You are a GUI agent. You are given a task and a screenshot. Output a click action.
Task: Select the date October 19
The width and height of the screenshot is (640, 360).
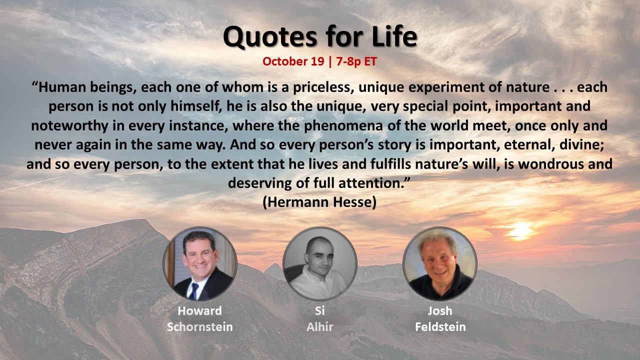click(291, 61)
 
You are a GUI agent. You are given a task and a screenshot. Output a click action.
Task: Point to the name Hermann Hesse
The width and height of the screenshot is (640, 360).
click(319, 202)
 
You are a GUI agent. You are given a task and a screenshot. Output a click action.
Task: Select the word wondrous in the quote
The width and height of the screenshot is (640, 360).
click(554, 164)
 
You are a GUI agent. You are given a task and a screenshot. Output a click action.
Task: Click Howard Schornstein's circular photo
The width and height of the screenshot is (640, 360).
click(200, 263)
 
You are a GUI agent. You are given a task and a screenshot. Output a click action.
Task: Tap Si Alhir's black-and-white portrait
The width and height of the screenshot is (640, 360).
click(320, 263)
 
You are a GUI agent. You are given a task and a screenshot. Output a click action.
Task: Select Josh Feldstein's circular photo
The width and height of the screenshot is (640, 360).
click(439, 263)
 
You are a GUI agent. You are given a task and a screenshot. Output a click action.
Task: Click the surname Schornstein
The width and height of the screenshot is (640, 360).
click(200, 327)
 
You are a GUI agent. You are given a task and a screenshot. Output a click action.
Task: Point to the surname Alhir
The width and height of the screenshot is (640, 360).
click(320, 327)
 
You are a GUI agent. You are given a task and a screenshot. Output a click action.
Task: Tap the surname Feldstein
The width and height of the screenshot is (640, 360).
click(439, 327)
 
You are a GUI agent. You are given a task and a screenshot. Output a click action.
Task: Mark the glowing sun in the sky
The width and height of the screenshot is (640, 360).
click(521, 231)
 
